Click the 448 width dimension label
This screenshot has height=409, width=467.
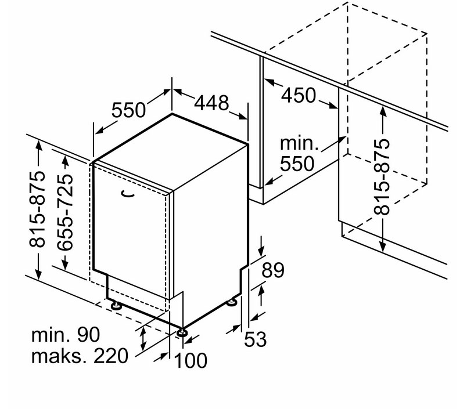point(211,103)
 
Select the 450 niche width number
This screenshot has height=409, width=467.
point(299,95)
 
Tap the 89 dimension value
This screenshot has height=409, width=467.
point(273,270)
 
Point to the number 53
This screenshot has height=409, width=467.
point(255,339)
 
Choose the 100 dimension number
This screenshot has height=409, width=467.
point(190,360)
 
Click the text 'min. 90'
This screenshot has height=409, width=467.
point(66,335)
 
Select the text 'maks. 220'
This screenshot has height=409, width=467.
point(80,356)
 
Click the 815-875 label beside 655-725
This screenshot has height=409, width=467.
point(38,209)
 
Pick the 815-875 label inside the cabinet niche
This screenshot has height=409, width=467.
point(382,177)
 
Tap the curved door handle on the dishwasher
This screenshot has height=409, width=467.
point(127,194)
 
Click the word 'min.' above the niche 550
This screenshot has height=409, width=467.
point(299,143)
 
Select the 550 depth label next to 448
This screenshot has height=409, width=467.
point(129,110)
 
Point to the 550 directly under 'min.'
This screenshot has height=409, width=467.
point(297,164)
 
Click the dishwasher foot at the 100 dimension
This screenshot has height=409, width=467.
point(181,332)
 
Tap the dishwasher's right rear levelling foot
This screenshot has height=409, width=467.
point(232,302)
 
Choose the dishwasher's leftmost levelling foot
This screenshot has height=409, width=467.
point(115,306)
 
